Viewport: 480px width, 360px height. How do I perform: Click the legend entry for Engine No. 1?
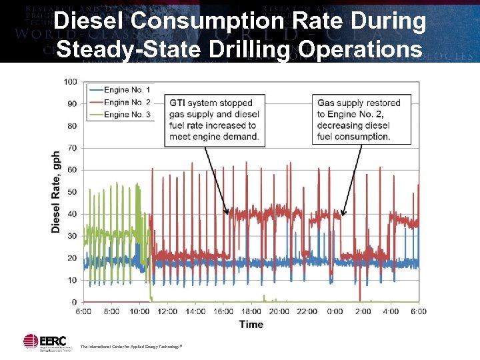(x=127, y=90)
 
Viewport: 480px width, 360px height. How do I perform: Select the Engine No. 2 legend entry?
(x=127, y=102)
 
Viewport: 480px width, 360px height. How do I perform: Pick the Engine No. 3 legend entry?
(x=127, y=115)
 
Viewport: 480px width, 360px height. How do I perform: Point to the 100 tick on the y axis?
(x=70, y=82)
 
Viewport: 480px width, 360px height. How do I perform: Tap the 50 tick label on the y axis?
(x=72, y=192)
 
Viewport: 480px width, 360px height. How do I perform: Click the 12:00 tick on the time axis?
(x=168, y=311)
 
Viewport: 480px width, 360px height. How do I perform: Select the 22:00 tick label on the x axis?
(x=307, y=311)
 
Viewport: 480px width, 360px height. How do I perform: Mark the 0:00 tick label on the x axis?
(x=335, y=311)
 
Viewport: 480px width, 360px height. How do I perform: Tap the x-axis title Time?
(x=251, y=325)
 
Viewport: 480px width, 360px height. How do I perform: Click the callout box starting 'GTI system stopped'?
(x=214, y=120)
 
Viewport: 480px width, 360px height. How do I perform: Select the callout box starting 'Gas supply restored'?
(x=361, y=120)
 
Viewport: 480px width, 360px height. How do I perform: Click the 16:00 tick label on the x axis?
(x=223, y=311)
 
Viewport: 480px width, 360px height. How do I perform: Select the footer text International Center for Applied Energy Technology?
(x=131, y=347)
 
